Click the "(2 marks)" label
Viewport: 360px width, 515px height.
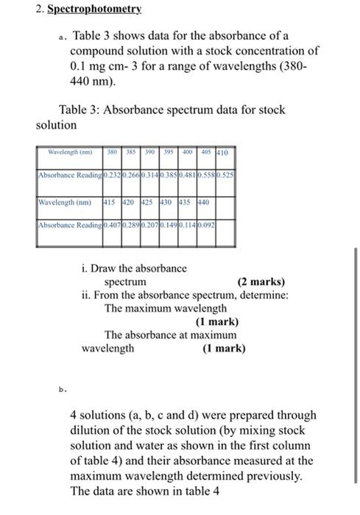click(x=261, y=282)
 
